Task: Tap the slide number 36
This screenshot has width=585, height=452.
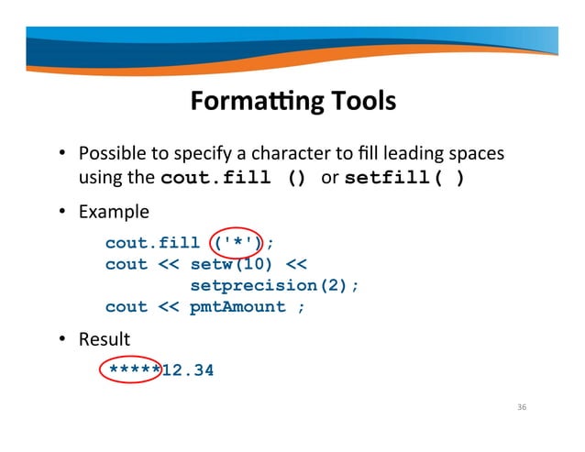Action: pos(522,407)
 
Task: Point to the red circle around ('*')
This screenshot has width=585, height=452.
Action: pos(237,242)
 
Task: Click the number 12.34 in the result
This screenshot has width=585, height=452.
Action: pos(187,370)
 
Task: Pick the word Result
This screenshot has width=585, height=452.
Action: pos(104,339)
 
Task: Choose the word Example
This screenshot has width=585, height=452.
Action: pos(113,212)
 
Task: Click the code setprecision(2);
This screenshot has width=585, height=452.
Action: pos(274,285)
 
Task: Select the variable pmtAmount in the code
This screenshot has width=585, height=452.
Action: pos(237,306)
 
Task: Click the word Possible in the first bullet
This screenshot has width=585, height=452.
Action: pos(109,151)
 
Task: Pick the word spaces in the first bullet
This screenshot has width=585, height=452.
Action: pos(478,151)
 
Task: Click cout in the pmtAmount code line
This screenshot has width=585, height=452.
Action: pos(126,306)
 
